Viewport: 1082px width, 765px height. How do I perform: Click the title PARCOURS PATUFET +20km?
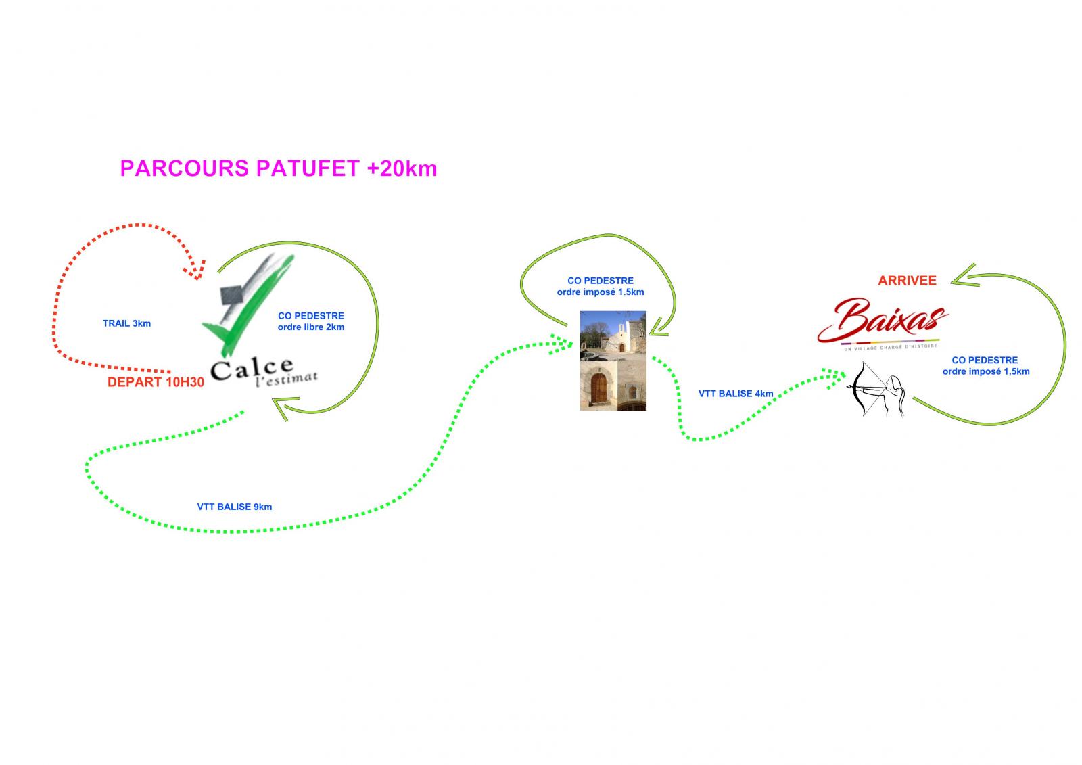click(279, 168)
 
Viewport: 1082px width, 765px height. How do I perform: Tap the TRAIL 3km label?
click(126, 323)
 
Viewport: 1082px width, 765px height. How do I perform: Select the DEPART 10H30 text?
click(156, 382)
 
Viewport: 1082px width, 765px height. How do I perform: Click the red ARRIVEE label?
click(907, 280)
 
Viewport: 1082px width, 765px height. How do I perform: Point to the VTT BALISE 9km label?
click(234, 507)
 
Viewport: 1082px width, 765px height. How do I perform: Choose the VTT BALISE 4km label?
click(736, 394)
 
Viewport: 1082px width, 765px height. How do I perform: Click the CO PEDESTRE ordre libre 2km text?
click(311, 321)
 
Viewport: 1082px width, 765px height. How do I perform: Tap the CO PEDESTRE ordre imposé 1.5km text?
click(601, 286)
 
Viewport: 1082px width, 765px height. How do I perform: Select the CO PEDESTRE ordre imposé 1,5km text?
click(986, 366)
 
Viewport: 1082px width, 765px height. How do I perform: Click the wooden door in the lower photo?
click(599, 388)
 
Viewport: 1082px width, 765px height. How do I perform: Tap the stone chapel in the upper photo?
click(619, 337)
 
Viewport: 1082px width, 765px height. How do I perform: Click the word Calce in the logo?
click(252, 369)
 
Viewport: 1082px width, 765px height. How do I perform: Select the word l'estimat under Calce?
click(287, 379)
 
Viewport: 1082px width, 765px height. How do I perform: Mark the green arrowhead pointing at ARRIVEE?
click(964, 277)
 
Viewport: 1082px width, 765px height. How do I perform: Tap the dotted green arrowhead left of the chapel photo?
click(561, 344)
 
